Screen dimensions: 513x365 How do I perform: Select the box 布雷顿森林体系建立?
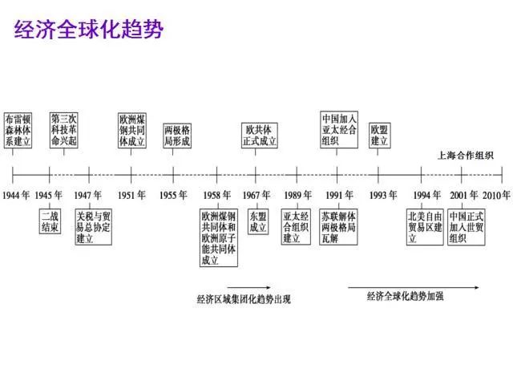click(x=18, y=129)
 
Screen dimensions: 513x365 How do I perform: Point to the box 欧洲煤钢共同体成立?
click(x=131, y=129)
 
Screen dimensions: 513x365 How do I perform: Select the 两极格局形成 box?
click(x=177, y=135)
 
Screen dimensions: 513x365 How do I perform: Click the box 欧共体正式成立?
click(x=261, y=135)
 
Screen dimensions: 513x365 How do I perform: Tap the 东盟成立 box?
click(x=258, y=221)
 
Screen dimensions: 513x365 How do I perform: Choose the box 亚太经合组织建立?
click(x=297, y=227)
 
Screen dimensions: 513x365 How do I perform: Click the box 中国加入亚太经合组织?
click(x=339, y=129)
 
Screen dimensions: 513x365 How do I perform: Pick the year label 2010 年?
click(x=496, y=195)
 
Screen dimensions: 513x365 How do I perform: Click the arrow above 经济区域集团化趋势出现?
click(x=248, y=286)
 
